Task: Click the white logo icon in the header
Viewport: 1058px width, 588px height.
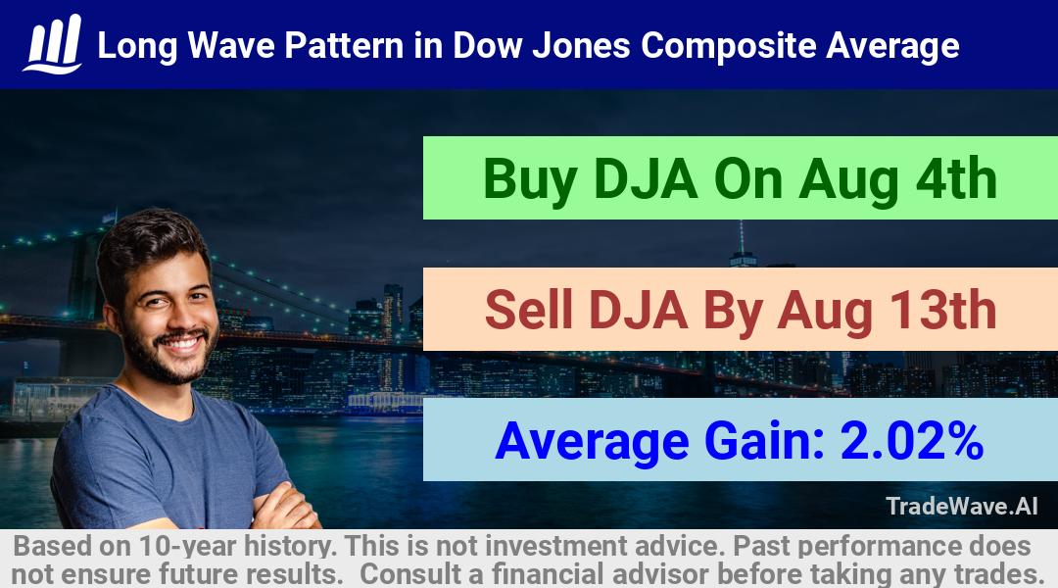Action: point(53,44)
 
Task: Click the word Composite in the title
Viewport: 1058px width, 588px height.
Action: point(728,47)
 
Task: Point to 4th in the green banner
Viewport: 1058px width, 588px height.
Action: point(956,178)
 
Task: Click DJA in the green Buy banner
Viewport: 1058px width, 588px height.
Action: point(646,179)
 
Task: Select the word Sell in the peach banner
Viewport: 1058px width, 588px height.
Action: point(529,310)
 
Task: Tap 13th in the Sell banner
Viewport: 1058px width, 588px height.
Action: point(942,310)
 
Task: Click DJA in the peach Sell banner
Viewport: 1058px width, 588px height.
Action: point(639,311)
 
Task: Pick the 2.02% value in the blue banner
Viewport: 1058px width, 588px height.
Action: point(912,440)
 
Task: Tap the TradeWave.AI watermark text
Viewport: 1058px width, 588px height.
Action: point(962,507)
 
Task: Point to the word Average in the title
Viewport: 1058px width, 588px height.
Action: point(892,47)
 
